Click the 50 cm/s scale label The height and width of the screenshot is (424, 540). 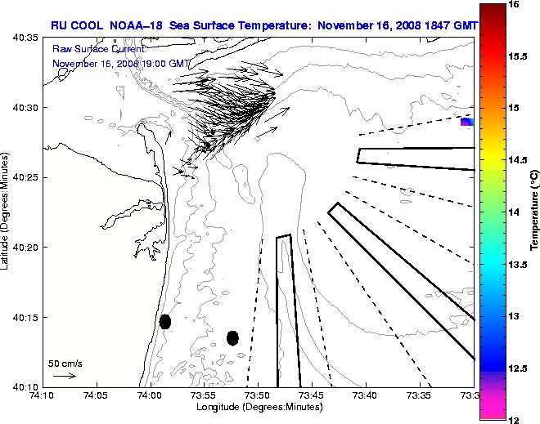[x=65, y=363]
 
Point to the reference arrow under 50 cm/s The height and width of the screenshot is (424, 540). [x=64, y=376]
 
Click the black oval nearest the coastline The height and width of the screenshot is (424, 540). [x=165, y=321]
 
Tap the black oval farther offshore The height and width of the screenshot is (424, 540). [x=232, y=337]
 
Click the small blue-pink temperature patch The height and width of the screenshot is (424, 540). [x=466, y=123]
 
